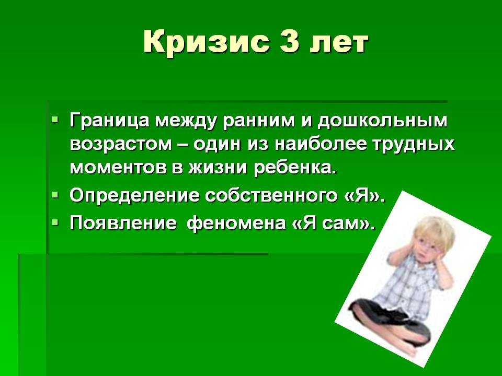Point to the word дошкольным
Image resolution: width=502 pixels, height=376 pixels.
[382, 121]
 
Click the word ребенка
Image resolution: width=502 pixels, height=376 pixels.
[295, 167]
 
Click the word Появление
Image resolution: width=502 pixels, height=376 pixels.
[123, 223]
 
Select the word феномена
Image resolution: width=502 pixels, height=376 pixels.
[236, 223]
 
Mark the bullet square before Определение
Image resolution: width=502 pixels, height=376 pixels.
[55, 194]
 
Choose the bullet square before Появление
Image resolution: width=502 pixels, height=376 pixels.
[55, 222]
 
